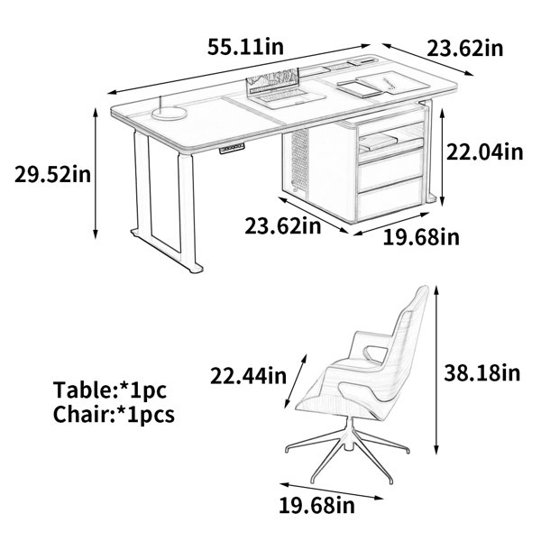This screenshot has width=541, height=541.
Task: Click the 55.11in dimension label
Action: [x=245, y=47]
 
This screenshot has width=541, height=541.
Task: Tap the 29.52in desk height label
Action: [x=53, y=174]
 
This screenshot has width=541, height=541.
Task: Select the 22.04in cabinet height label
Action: [x=484, y=151]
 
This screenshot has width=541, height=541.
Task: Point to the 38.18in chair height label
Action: [x=481, y=372]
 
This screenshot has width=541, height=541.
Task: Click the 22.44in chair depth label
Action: [x=249, y=376]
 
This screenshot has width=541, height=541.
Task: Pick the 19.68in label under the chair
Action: [x=316, y=506]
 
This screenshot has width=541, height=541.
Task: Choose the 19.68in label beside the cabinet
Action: [x=421, y=237]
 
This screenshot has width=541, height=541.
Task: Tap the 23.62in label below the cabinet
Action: [x=283, y=226]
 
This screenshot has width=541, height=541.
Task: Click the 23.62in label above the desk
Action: [x=465, y=49]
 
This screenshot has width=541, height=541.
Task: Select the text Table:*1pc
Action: [x=110, y=390]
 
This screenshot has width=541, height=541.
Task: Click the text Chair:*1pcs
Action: [x=114, y=414]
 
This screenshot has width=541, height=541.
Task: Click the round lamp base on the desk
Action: [x=170, y=114]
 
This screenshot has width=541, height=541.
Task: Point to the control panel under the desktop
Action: [x=232, y=149]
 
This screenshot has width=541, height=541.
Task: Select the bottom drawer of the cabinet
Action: [x=390, y=198]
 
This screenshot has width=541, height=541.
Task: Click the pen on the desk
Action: [x=390, y=84]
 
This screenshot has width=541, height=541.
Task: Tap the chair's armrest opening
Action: [x=376, y=354]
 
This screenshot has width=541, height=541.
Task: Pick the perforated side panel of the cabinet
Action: [x=299, y=162]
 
